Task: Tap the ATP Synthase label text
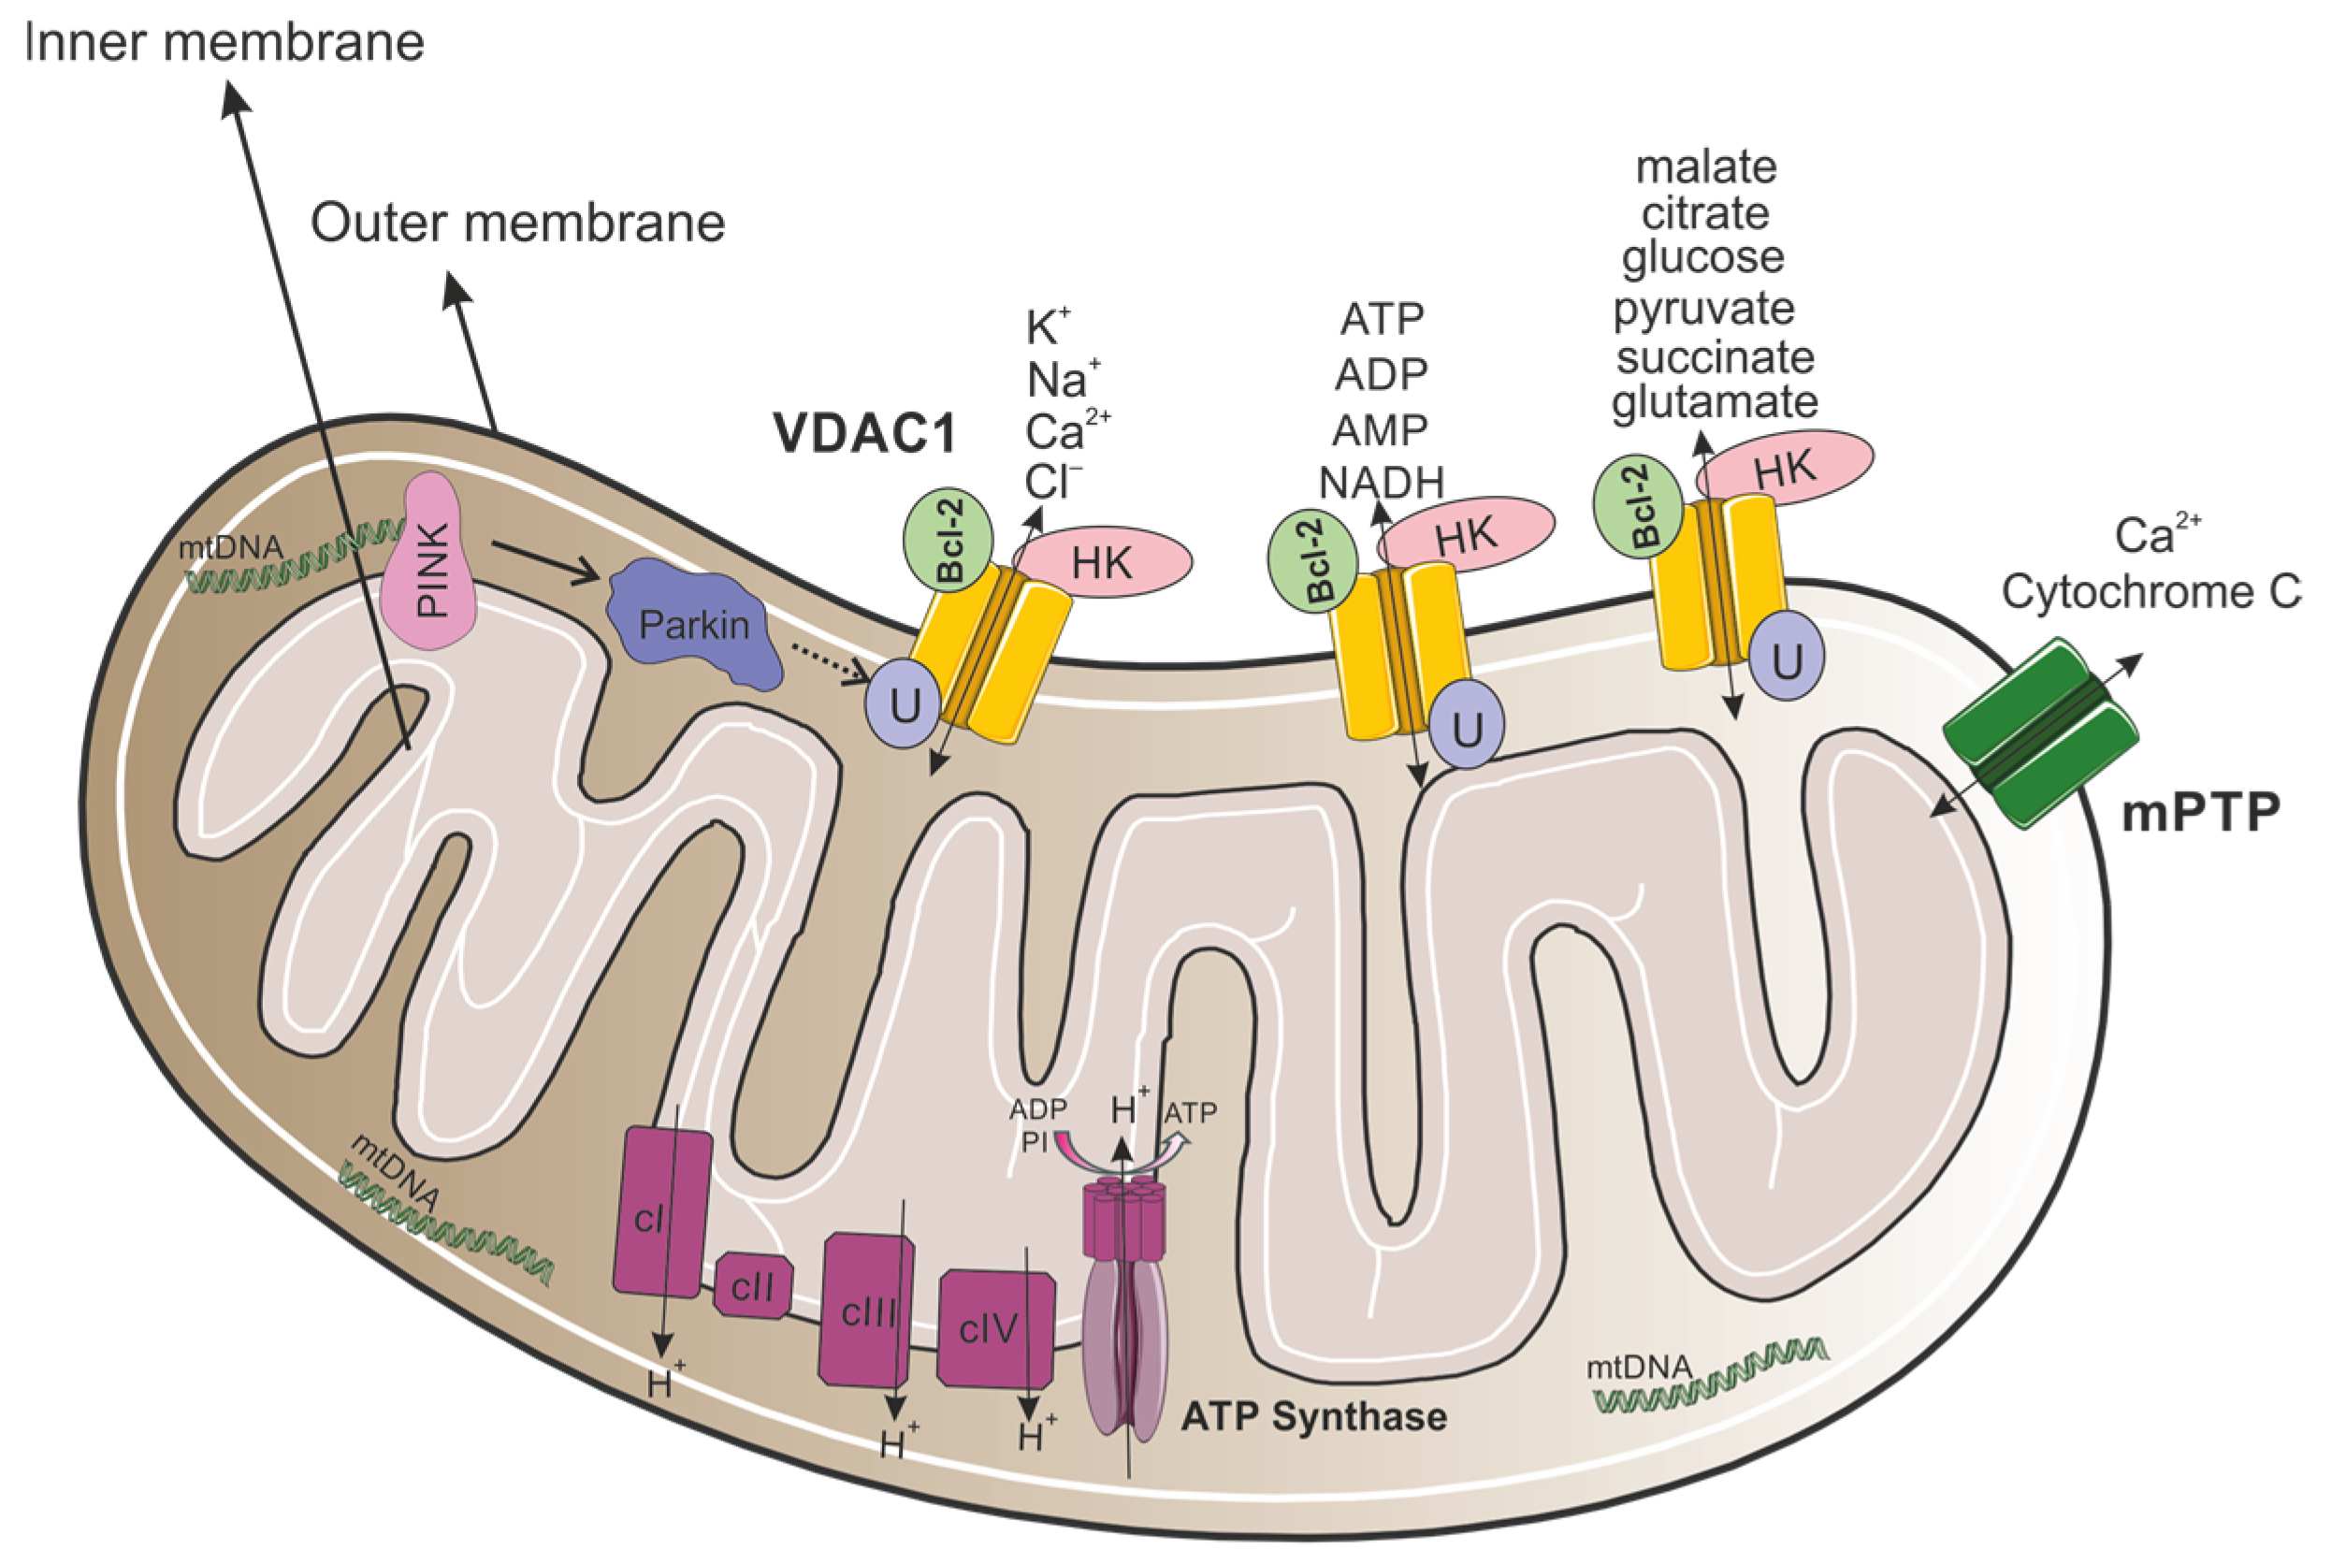pyautogui.click(x=1312, y=1416)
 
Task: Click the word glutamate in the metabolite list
pyautogui.click(x=1714, y=402)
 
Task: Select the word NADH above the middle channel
pyautogui.click(x=1381, y=483)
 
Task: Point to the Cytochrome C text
pyautogui.click(x=2150, y=591)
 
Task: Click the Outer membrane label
pyautogui.click(x=516, y=223)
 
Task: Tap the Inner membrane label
pyautogui.click(x=224, y=43)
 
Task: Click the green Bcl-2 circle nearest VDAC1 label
pyautogui.click(x=948, y=540)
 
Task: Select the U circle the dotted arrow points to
pyautogui.click(x=904, y=704)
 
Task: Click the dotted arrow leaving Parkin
pyautogui.click(x=828, y=663)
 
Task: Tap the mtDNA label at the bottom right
pyautogui.click(x=1639, y=1366)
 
